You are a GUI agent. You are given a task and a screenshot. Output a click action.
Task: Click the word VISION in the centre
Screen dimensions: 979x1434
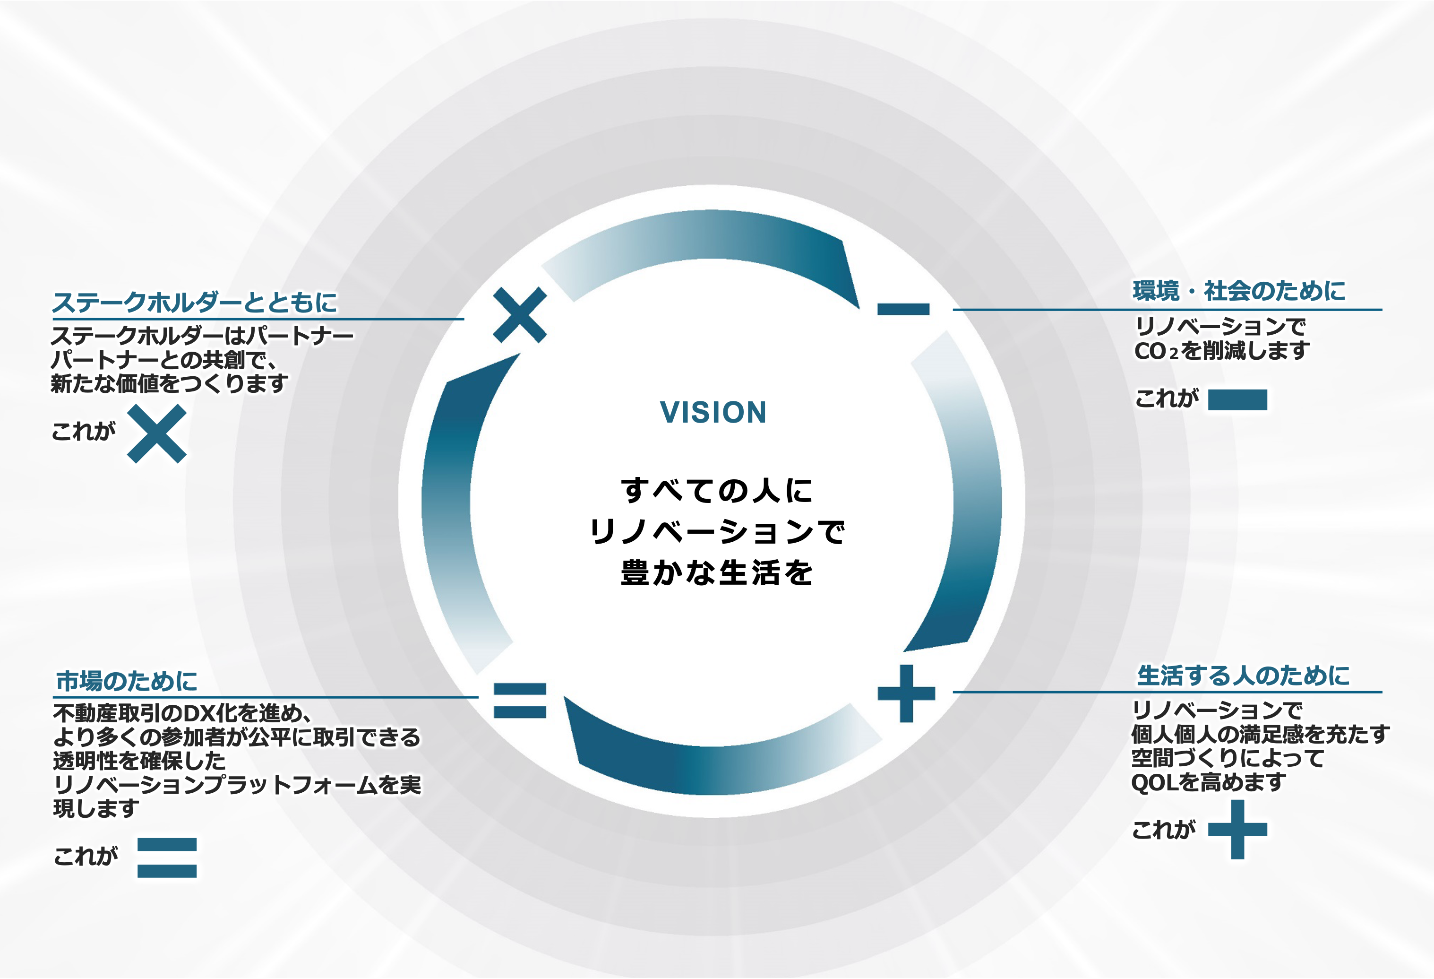[713, 412]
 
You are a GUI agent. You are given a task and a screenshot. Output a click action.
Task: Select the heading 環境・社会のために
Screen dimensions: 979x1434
[1239, 291]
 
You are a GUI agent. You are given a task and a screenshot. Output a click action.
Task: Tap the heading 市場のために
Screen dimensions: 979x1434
[127, 681]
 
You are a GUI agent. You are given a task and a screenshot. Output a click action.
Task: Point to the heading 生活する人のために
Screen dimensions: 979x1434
[1243, 676]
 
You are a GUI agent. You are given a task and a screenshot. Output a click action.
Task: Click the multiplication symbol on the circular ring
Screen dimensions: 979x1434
[520, 315]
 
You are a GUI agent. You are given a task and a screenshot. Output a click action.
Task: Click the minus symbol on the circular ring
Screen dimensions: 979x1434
[903, 309]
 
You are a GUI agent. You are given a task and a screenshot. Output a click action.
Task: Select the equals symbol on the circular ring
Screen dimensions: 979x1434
[520, 701]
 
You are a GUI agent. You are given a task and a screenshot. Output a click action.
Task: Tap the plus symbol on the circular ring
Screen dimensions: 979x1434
[906, 693]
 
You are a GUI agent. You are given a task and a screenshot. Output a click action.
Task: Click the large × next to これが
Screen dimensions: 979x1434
[157, 433]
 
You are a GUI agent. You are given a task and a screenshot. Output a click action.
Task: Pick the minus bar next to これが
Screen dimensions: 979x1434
[1237, 400]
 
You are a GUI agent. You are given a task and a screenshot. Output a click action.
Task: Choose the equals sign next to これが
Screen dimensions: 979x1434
[167, 858]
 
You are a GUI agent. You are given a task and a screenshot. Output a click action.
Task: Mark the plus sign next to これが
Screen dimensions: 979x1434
[1237, 830]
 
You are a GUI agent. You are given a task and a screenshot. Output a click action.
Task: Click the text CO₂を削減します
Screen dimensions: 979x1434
[1222, 351]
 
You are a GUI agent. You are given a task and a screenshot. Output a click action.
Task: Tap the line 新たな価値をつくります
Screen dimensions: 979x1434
[170, 384]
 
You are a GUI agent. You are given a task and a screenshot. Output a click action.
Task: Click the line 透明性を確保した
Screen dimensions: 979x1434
[139, 761]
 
